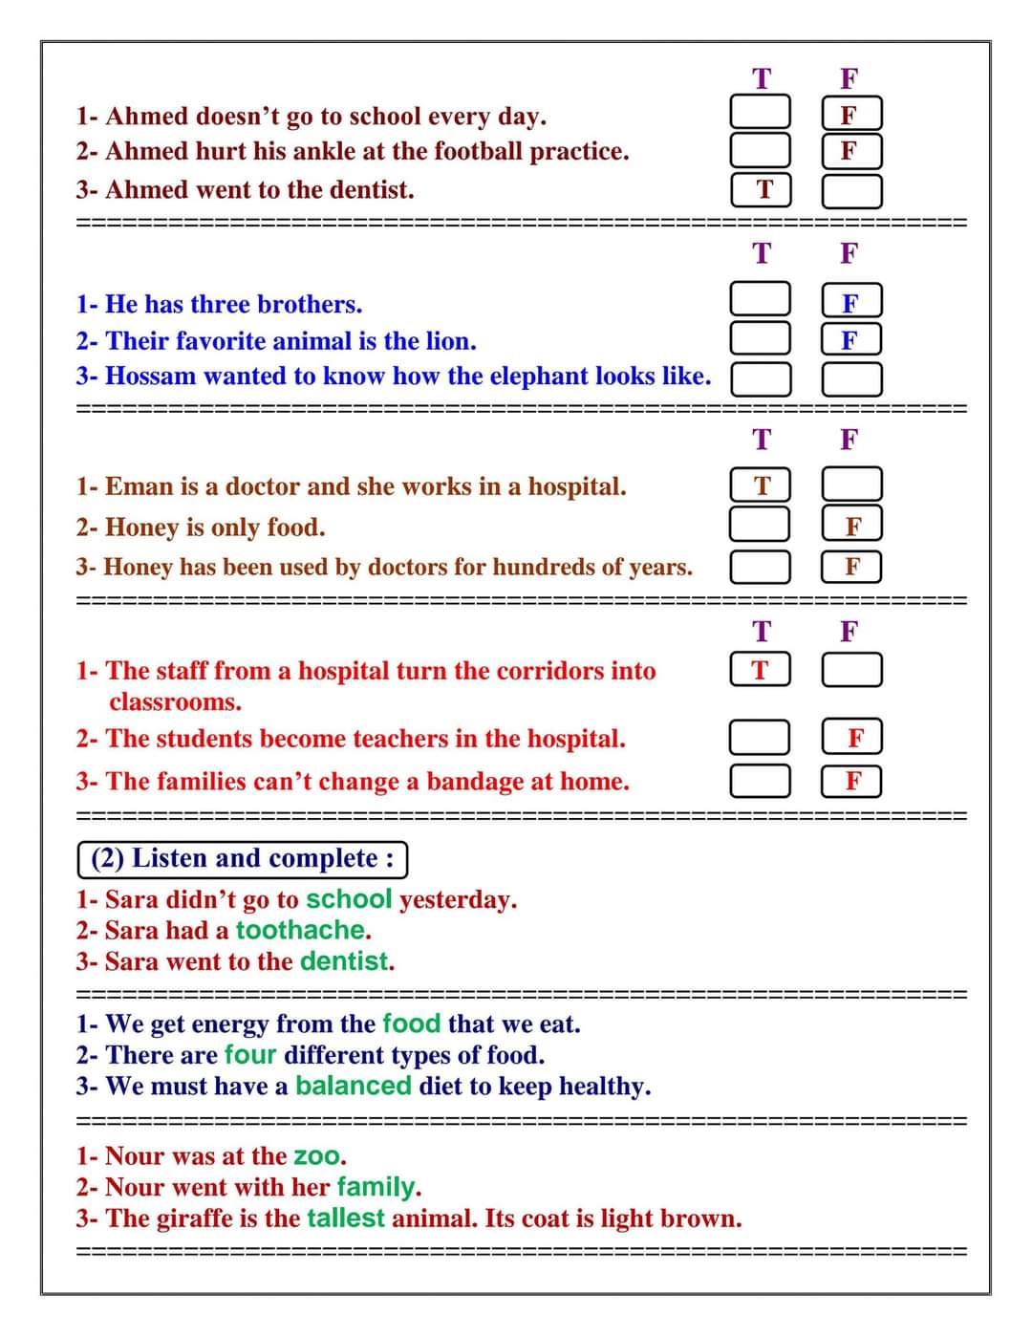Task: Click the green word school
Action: point(349,899)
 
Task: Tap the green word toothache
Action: point(300,930)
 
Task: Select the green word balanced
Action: point(353,1086)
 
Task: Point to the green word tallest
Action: point(345,1218)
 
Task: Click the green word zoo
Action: point(317,1156)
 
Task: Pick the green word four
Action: point(249,1055)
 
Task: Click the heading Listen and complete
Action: point(243,858)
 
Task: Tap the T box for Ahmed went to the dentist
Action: point(761,190)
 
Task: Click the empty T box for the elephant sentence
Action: point(761,378)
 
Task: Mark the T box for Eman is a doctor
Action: point(761,485)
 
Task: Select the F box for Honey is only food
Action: point(851,526)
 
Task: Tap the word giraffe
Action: point(204,1218)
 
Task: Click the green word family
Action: point(377,1188)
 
